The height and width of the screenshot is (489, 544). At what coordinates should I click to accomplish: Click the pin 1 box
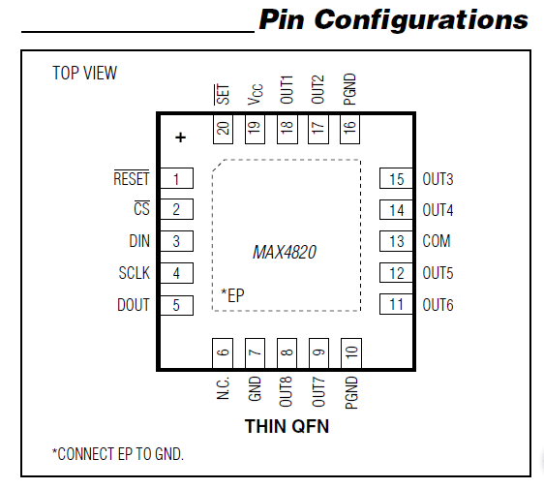176,179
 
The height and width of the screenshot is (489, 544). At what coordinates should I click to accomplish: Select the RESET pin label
132,179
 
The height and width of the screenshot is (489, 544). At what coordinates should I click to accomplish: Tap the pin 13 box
396,242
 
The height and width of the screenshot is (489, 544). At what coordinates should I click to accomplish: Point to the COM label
437,242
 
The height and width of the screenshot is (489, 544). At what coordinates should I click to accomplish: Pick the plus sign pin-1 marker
179,138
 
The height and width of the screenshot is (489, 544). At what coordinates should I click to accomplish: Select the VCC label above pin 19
255,94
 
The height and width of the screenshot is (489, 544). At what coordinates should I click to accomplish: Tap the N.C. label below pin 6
224,388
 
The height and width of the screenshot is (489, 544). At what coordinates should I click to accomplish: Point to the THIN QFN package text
287,426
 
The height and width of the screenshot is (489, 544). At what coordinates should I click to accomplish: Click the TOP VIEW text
84,73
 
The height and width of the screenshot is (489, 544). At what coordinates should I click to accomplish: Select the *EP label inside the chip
232,295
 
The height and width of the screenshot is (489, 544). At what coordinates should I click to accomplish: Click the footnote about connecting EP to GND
117,453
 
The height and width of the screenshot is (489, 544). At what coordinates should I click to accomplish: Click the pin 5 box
176,305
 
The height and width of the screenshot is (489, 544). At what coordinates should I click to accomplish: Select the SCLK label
135,273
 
